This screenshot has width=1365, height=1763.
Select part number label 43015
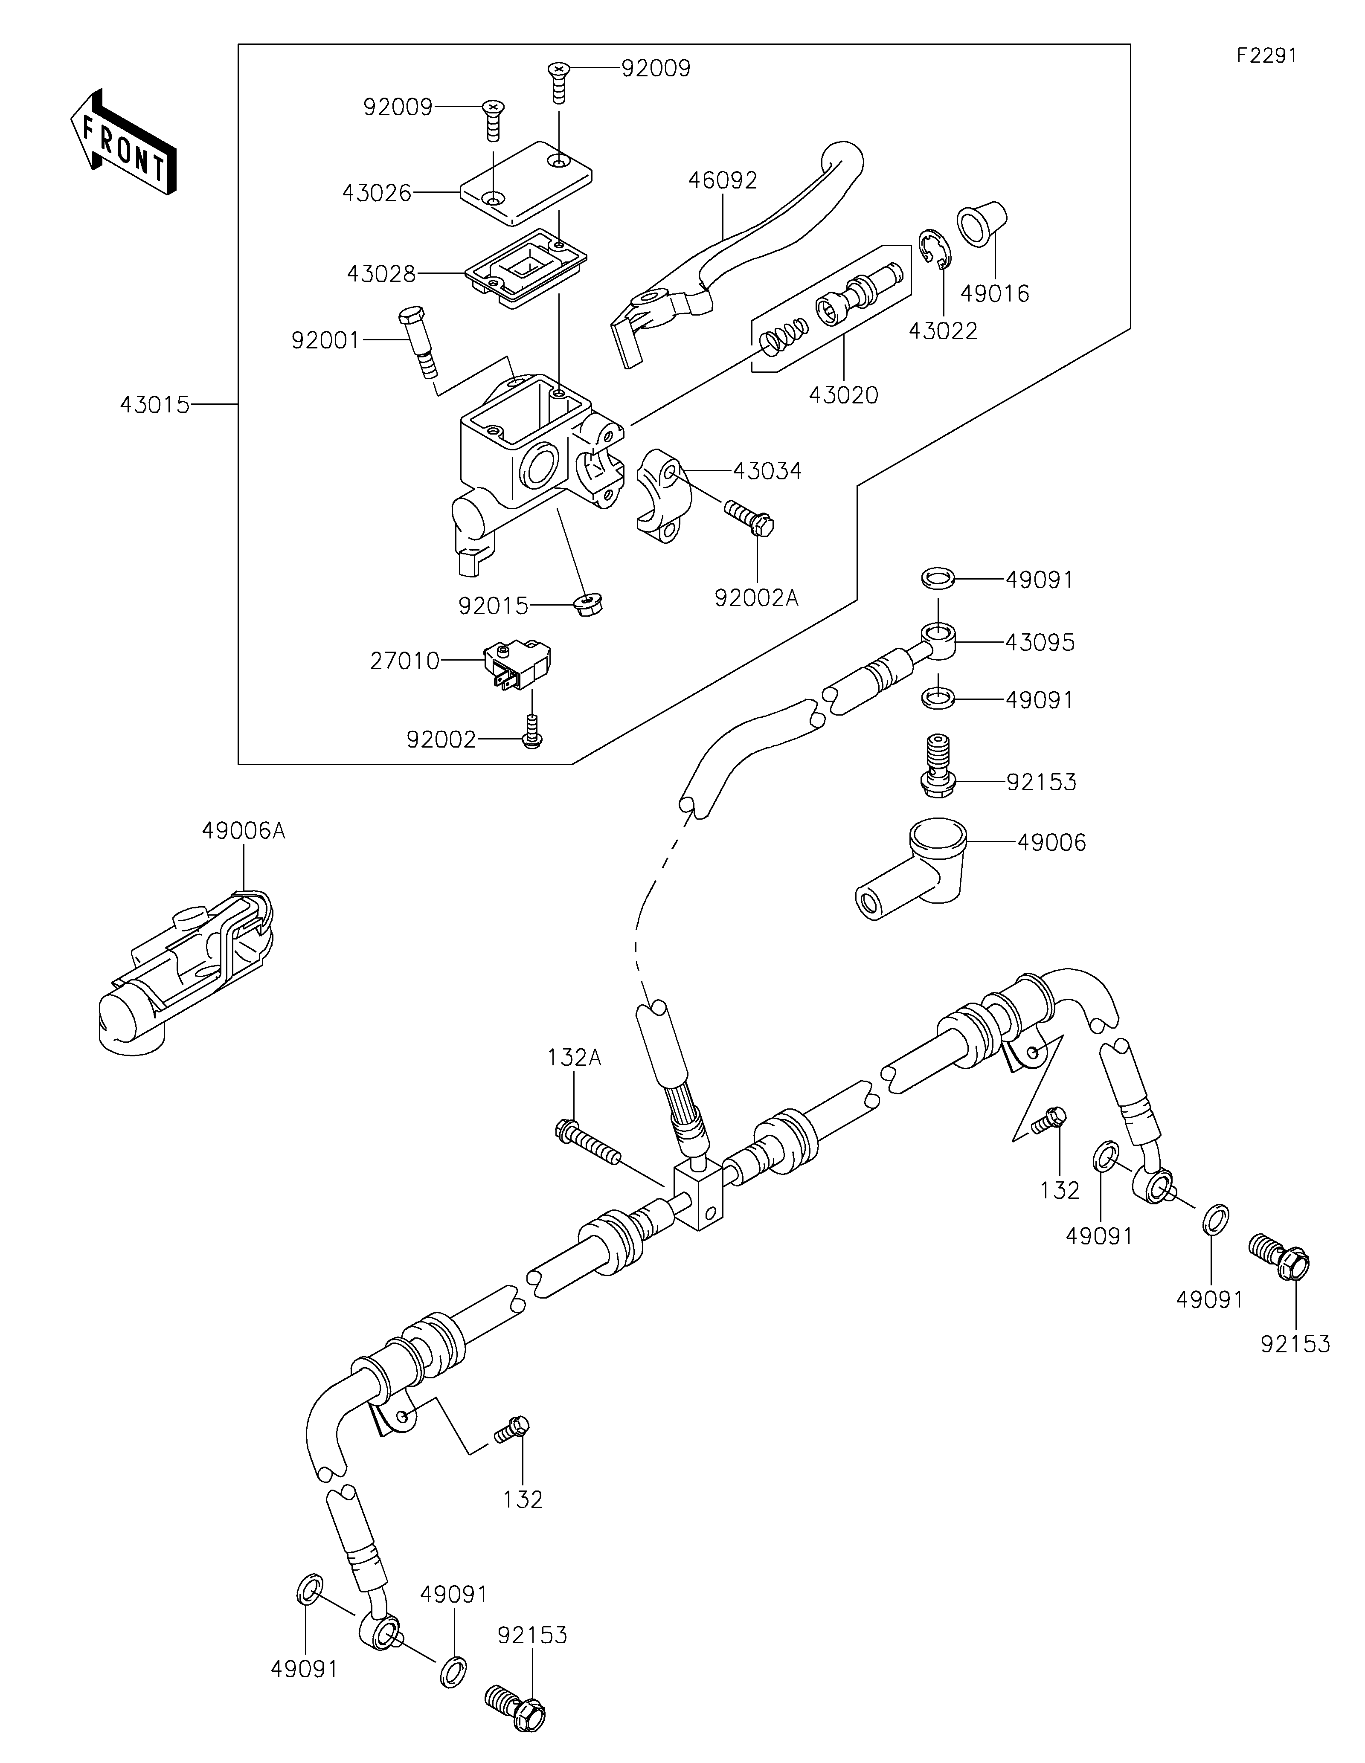click(155, 404)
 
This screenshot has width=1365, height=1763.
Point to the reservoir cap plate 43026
click(526, 183)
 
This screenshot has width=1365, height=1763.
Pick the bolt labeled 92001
click(420, 342)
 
